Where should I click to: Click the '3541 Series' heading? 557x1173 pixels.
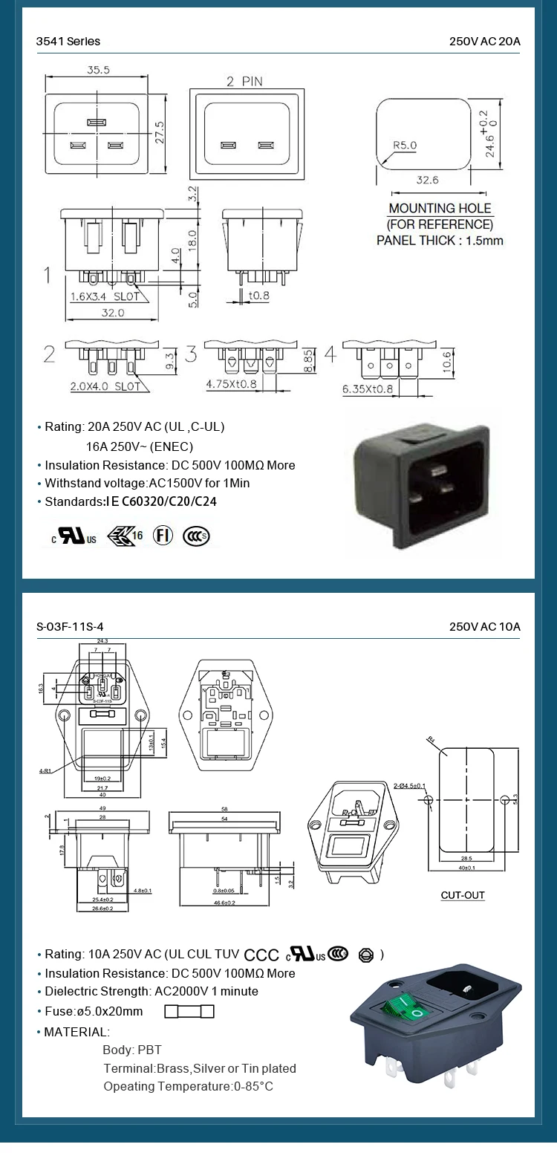[68, 42]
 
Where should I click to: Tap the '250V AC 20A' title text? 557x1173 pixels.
[484, 42]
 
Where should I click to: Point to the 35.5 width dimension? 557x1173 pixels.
[98, 70]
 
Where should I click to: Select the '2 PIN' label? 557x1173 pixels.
[244, 81]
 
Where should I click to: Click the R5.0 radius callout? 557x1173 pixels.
[405, 145]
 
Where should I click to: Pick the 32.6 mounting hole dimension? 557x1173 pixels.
[427, 180]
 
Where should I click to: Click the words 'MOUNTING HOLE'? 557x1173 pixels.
[440, 208]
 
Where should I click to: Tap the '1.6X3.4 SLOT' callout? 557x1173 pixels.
[105, 296]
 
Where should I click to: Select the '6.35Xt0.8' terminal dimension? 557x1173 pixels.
[368, 389]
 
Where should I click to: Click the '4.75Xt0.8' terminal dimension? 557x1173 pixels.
[231, 384]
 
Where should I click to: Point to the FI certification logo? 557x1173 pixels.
[163, 536]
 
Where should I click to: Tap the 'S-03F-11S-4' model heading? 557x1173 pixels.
[71, 627]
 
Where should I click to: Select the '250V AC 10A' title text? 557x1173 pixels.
[484, 627]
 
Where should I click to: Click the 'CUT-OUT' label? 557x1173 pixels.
[463, 895]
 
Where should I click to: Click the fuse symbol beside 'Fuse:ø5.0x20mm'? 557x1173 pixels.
[189, 1011]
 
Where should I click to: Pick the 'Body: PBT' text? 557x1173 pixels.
[131, 1050]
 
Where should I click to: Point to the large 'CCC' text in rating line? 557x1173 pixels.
[261, 955]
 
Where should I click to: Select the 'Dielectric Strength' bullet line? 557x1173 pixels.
[152, 991]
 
